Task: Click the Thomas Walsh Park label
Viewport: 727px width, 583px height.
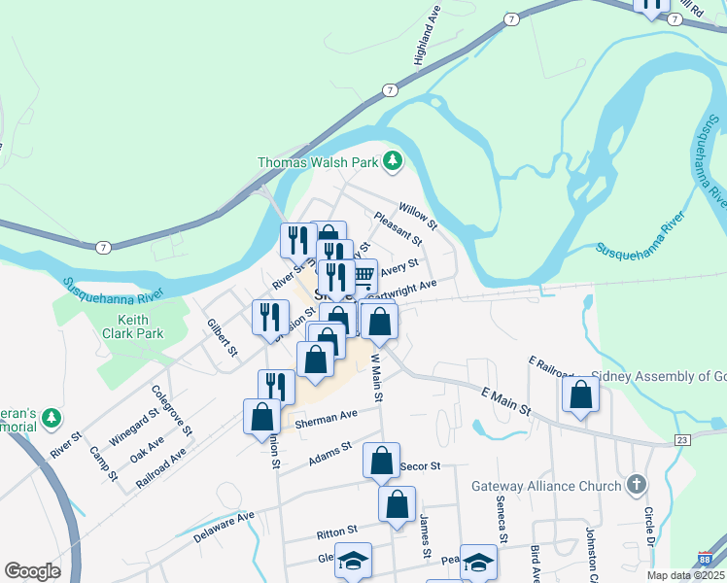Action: pos(317,162)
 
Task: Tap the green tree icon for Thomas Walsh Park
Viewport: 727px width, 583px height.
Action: pos(393,160)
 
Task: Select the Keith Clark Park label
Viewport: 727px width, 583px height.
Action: pos(139,326)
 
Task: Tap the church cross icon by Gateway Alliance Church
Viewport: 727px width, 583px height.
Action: pos(637,484)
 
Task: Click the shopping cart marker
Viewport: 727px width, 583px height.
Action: pos(363,278)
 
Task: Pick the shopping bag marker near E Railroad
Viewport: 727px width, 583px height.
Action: pos(580,394)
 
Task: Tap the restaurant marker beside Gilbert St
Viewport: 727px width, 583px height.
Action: pos(270,317)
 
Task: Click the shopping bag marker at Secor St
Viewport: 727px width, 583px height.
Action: pos(381,461)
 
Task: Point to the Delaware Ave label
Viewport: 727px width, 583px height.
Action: pos(223,526)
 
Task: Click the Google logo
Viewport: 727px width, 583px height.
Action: pos(32,571)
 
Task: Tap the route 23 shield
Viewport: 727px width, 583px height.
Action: pos(683,440)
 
